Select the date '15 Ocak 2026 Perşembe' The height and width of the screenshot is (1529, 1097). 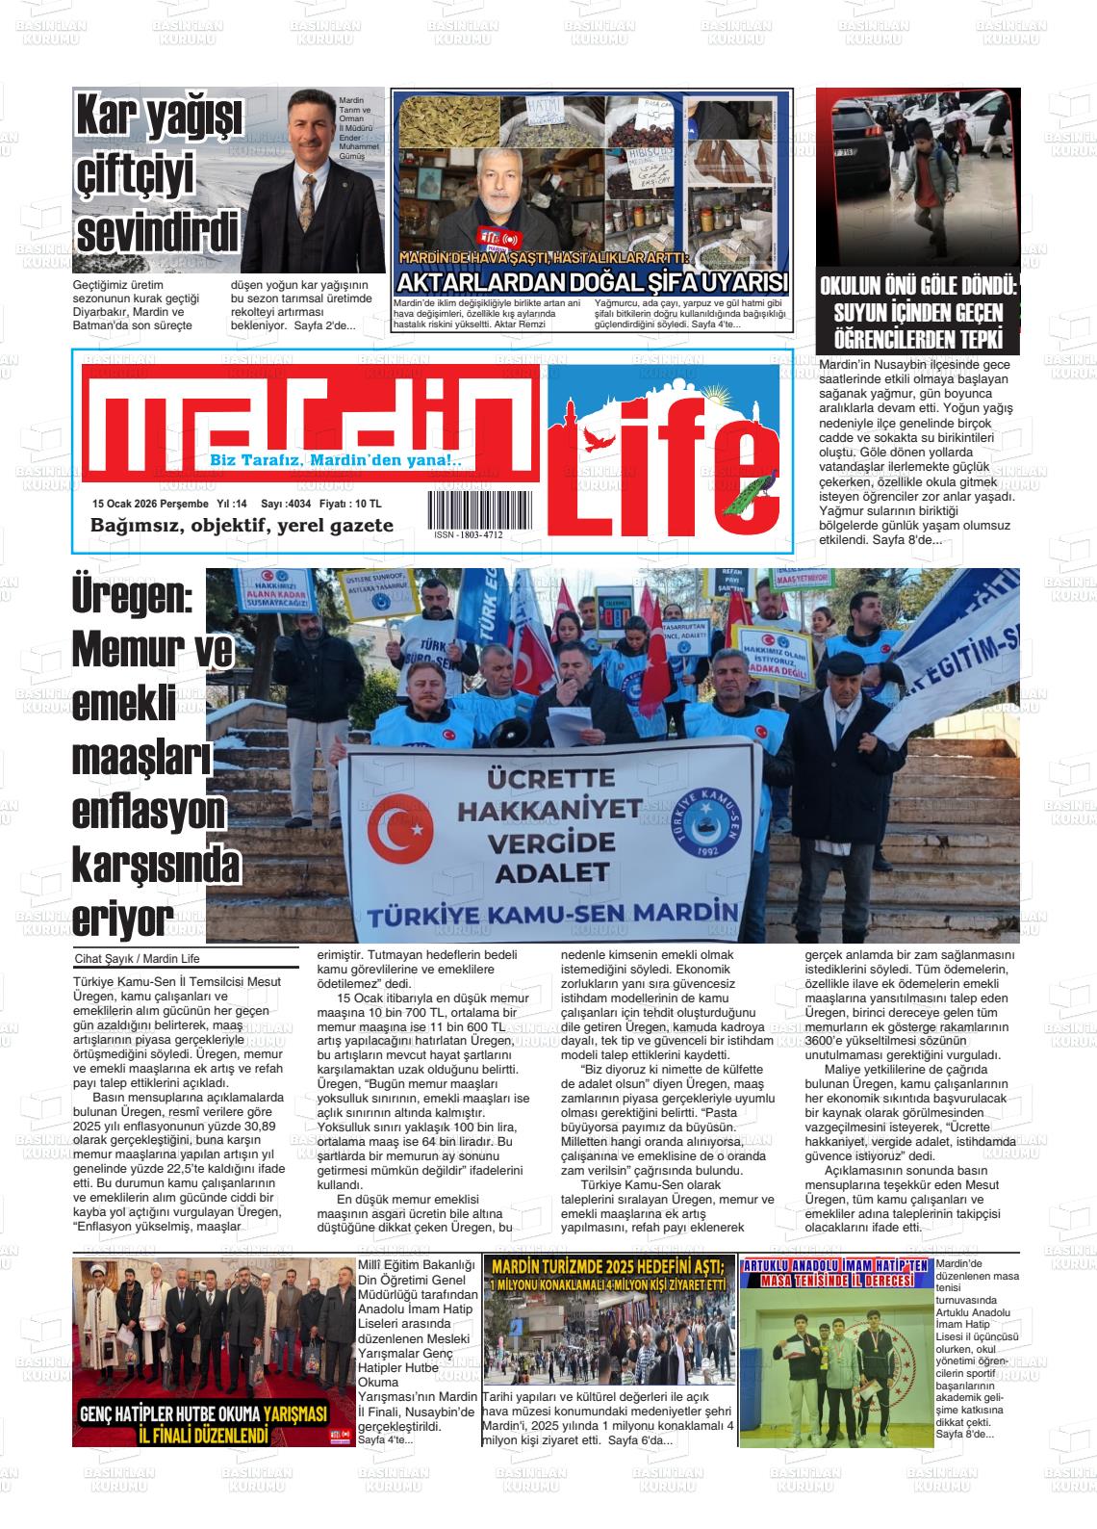150,504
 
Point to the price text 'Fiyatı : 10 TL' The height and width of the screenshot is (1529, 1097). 350,504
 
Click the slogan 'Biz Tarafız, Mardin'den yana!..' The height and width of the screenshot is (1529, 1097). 336,461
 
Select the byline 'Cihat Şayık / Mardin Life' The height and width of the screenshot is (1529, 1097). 137,959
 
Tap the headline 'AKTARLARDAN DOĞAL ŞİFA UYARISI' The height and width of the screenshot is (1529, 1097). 592,282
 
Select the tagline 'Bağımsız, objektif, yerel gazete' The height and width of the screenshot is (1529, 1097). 242,526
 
